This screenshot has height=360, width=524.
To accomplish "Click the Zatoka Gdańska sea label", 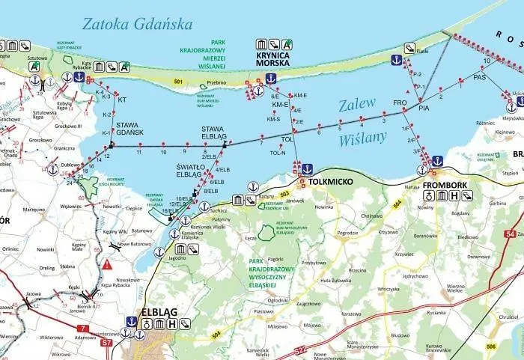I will click(135, 23).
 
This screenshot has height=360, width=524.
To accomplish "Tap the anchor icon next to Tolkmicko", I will click(306, 169).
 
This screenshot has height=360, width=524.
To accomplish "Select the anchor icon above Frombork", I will click(437, 160).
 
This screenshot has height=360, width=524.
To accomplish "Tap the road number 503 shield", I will click(284, 194).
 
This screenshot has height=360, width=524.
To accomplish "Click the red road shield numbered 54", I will click(511, 234).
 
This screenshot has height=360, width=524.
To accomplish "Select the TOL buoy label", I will click(286, 139).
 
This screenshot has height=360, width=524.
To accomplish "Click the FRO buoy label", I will click(400, 103).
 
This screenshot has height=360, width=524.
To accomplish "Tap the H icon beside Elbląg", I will click(173, 324).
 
